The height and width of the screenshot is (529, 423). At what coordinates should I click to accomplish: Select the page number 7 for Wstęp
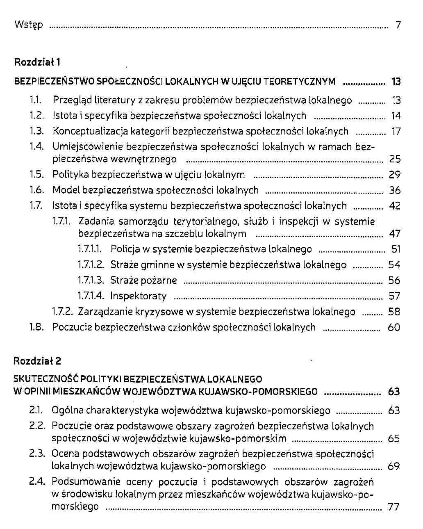(398, 25)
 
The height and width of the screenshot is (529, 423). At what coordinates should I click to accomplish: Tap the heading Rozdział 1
(37, 62)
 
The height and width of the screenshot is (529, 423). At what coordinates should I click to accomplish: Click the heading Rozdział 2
(37, 361)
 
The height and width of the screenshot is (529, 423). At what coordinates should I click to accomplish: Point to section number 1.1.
(37, 100)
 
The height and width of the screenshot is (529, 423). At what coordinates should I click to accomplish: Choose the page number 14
(396, 116)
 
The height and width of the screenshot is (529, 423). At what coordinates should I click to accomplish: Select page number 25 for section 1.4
(395, 160)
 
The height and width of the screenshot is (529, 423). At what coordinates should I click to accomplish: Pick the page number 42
(394, 206)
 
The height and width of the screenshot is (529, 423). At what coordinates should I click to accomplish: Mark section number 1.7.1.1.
(89, 249)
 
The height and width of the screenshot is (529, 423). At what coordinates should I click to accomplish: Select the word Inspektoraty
(139, 296)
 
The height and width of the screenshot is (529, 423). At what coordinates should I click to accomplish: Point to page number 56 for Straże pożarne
(394, 280)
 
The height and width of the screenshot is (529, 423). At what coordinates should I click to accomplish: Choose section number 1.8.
(36, 327)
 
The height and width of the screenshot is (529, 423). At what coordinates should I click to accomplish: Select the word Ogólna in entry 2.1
(67, 410)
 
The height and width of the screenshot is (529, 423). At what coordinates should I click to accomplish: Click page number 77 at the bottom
(393, 507)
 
